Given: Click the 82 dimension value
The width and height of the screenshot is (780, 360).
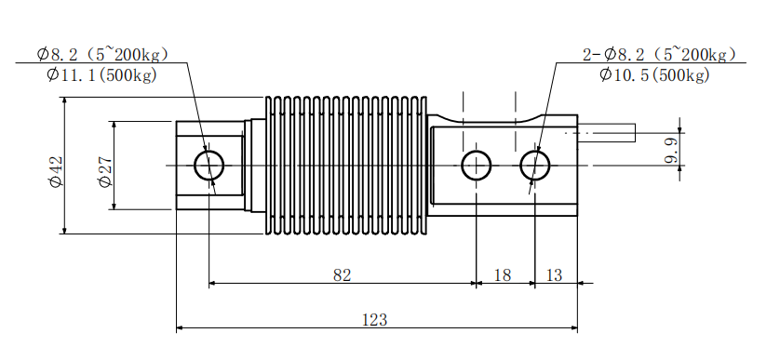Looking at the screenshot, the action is [342, 275].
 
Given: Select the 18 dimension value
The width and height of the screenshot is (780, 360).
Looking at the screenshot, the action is [503, 275].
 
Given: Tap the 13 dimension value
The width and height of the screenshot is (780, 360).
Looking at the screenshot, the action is [554, 275].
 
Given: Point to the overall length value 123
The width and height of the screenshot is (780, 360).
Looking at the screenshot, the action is [374, 320].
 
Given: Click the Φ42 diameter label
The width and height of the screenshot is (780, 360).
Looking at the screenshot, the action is [56, 171].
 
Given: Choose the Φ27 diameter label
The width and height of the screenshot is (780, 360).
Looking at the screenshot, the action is [105, 171].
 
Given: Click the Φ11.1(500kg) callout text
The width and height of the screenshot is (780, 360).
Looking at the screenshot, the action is [101, 75].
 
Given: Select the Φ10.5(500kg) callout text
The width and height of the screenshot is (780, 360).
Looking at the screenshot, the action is [654, 75].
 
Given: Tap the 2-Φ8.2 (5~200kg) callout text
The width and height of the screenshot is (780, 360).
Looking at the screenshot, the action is [659, 54].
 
